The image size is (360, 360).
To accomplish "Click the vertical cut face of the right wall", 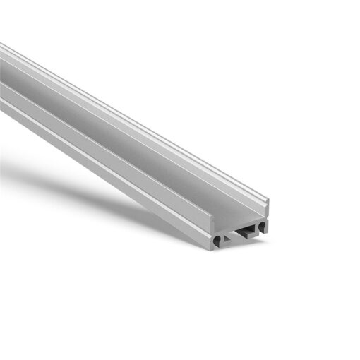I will click(268, 210).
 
